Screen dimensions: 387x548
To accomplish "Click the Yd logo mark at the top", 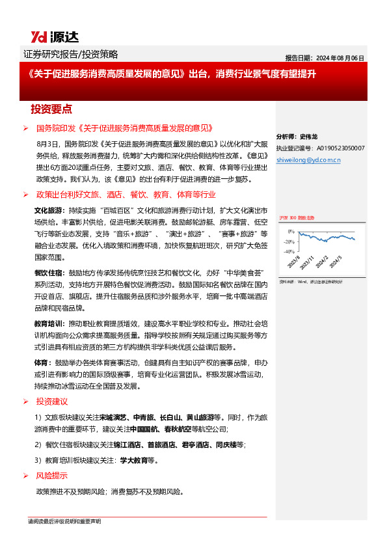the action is (40, 36).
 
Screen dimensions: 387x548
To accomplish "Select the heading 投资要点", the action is (51, 109).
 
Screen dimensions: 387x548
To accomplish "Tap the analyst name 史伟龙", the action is (309, 137).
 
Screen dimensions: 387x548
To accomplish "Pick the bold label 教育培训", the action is (48, 323).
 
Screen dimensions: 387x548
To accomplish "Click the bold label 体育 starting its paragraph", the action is (41, 363).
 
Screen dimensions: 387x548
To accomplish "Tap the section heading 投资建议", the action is (51, 402).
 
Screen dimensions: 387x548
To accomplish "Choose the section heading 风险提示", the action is (51, 476).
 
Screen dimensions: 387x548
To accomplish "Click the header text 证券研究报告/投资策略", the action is (75, 54).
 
